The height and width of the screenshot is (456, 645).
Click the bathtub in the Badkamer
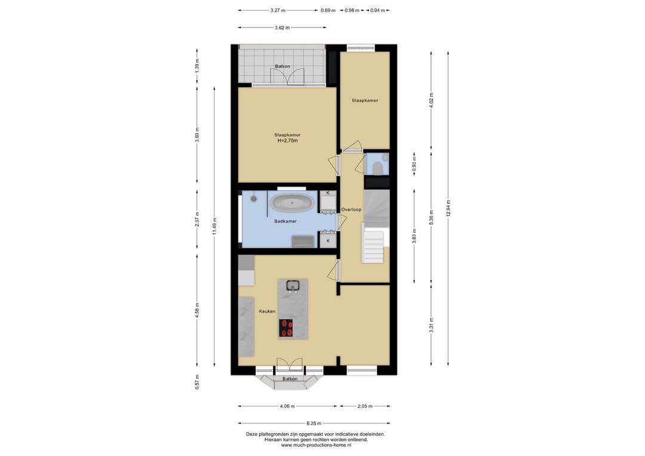tap(293, 203)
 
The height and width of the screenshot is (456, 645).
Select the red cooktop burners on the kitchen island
tap(286, 328)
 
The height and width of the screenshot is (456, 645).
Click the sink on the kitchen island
tap(293, 285)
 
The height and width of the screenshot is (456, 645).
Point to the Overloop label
tap(351, 210)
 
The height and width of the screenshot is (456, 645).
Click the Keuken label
tap(268, 311)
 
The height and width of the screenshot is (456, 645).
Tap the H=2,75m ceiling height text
tap(287, 141)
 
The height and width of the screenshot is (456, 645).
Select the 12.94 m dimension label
tap(449, 208)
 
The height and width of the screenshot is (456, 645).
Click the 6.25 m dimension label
tap(314, 423)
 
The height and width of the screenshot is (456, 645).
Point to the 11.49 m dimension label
tap(214, 226)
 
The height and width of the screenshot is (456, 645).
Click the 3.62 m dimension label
tap(282, 27)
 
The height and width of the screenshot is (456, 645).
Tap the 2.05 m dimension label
tap(365, 406)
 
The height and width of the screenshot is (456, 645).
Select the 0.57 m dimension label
tap(197, 382)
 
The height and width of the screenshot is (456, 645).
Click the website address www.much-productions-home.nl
tap(316, 445)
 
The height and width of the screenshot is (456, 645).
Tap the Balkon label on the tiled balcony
tap(282, 66)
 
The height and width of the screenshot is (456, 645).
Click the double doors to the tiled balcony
tap(287, 77)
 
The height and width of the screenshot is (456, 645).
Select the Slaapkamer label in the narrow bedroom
tap(365, 100)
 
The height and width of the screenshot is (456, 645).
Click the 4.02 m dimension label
tap(431, 100)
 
